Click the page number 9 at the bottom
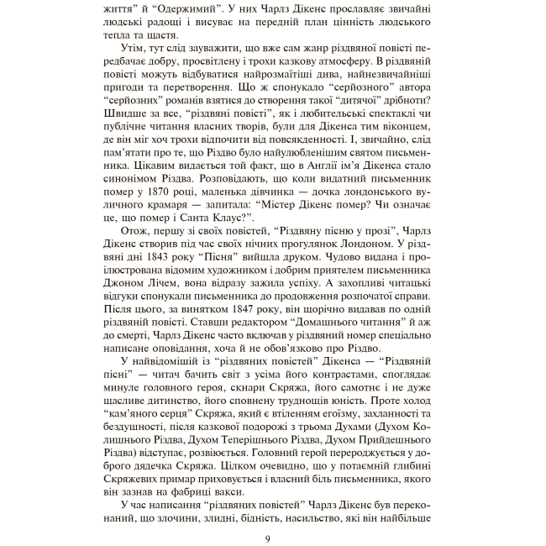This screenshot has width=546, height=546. (x=266, y=538)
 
